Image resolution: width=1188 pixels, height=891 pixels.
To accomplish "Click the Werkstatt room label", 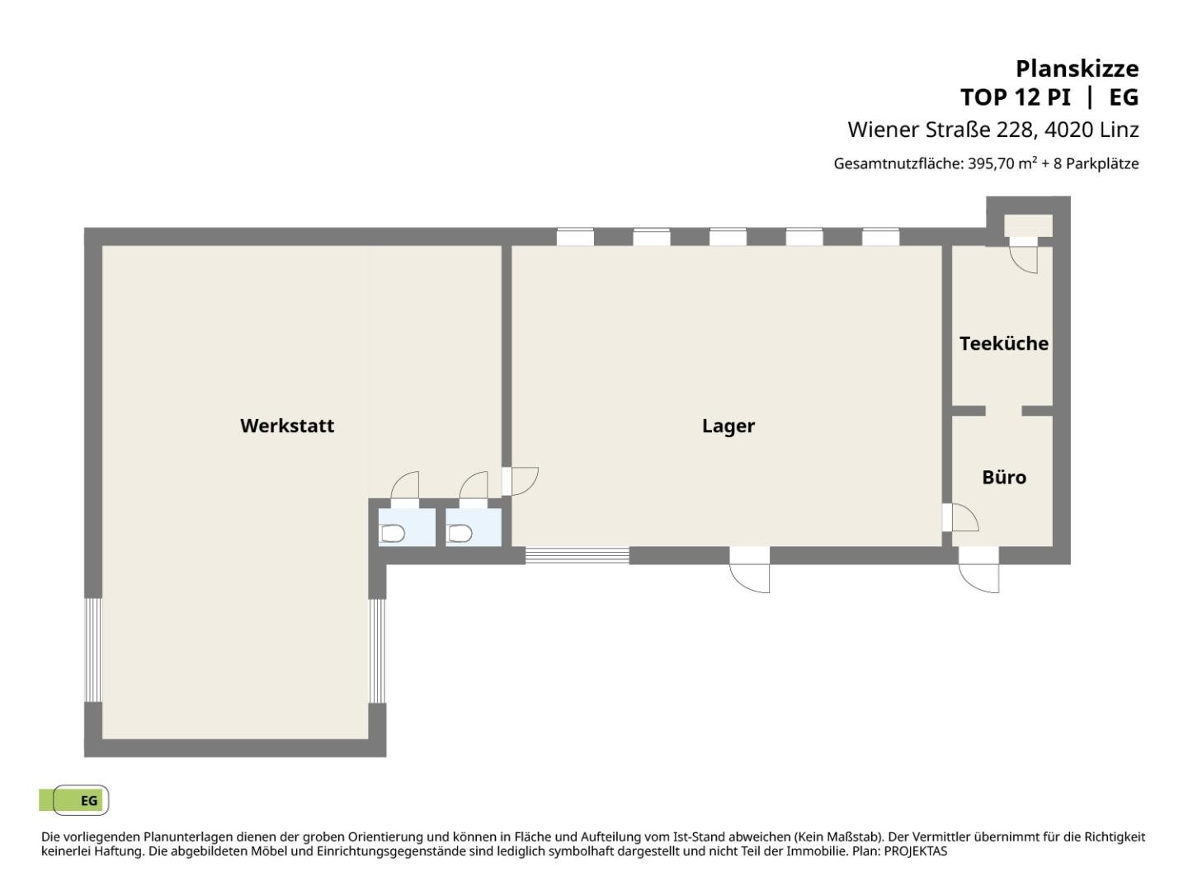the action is click(287, 426).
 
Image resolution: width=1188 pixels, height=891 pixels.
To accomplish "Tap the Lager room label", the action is click(728, 427).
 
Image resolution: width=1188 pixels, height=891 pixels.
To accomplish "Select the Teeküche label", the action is click(1003, 343).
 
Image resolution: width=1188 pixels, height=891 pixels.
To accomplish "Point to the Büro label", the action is click(1004, 477).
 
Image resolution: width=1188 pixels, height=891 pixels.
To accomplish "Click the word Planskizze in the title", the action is click(1077, 68).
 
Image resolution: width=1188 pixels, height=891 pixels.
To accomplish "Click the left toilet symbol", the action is click(393, 534).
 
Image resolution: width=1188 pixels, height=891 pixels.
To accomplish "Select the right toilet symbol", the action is click(460, 534).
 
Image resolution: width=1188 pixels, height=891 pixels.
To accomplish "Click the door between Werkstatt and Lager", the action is click(520, 481).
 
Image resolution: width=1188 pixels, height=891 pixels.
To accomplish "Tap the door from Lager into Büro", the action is click(960, 517).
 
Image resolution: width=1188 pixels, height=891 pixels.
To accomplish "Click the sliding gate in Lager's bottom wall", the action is click(577, 555).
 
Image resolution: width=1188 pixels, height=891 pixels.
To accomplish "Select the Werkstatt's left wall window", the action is click(93, 650).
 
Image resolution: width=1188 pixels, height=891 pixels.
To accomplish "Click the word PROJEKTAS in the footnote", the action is click(916, 851).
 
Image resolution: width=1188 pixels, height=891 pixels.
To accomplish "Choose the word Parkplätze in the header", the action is click(1102, 164).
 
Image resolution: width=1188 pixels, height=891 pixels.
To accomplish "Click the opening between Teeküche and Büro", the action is click(1003, 411).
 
